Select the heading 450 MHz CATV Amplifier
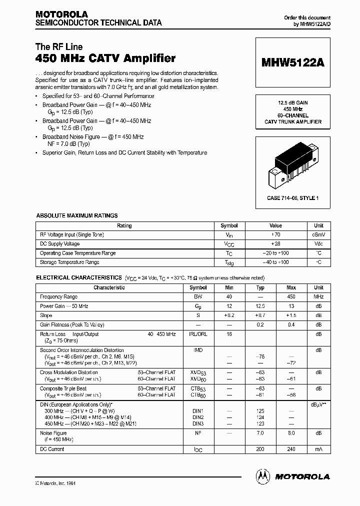coord(105,58)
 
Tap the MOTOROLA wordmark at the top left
coord(61,14)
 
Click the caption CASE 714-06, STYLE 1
coord(292,198)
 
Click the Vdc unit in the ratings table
coord(318,243)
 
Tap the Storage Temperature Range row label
coord(69,262)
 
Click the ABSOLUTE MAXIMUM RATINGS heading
coord(77,215)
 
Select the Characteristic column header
coord(109,287)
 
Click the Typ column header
coord(260,287)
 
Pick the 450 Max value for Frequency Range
coord(291,296)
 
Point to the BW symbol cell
coord(198,296)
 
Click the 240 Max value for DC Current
coord(291,449)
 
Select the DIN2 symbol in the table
coord(198,417)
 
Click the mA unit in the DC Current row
coord(318,449)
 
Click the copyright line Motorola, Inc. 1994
coord(55,483)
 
